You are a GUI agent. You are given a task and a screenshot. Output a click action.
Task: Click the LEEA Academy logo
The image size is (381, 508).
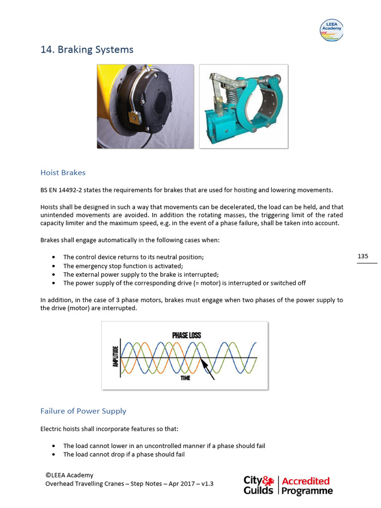[x=331, y=30]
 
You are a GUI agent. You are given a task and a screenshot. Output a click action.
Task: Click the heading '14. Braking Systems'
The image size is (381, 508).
[x=87, y=50]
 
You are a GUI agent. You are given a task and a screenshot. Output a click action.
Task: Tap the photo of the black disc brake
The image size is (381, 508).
[x=145, y=106]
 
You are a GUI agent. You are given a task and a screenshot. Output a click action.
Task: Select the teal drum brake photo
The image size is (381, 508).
[x=243, y=106]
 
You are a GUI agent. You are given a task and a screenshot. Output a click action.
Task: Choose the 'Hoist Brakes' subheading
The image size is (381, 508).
[x=63, y=173]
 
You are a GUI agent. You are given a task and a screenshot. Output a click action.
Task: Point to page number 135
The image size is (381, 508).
[x=363, y=256]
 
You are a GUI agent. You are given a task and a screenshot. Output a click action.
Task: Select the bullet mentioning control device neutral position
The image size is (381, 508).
[x=133, y=257]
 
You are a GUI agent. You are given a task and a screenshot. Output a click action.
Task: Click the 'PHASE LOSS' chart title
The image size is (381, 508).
[x=187, y=335]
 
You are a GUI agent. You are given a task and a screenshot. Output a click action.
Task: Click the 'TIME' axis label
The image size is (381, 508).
[x=186, y=378]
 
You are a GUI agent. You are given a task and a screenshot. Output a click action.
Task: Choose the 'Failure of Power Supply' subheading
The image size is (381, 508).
[x=83, y=411]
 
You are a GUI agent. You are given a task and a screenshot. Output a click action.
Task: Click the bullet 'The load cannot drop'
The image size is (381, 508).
[x=124, y=454]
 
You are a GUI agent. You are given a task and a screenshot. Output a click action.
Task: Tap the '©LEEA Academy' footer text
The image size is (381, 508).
[x=69, y=475]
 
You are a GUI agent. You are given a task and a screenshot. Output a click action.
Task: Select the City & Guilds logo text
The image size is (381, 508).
[x=258, y=485]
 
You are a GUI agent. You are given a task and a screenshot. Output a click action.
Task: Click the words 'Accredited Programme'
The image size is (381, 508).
[x=307, y=485]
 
